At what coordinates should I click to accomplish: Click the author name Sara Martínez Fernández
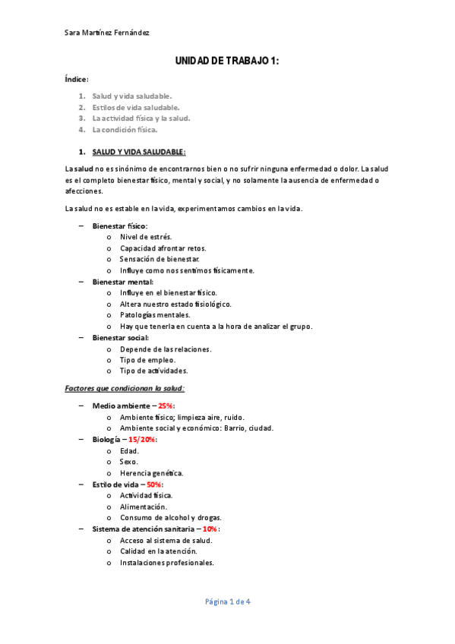[107, 33]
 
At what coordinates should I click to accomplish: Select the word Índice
[77, 79]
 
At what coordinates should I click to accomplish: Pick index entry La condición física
[125, 129]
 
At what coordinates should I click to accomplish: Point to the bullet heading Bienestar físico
[120, 226]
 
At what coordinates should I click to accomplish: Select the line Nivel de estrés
[146, 237]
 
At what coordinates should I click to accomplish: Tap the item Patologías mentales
[155, 314]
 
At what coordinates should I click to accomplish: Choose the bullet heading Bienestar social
[121, 337]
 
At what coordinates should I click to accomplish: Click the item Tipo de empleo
[147, 360]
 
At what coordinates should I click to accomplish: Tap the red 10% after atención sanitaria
[210, 529]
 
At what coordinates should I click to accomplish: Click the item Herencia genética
[151, 472]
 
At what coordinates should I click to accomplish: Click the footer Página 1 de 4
[228, 602]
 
